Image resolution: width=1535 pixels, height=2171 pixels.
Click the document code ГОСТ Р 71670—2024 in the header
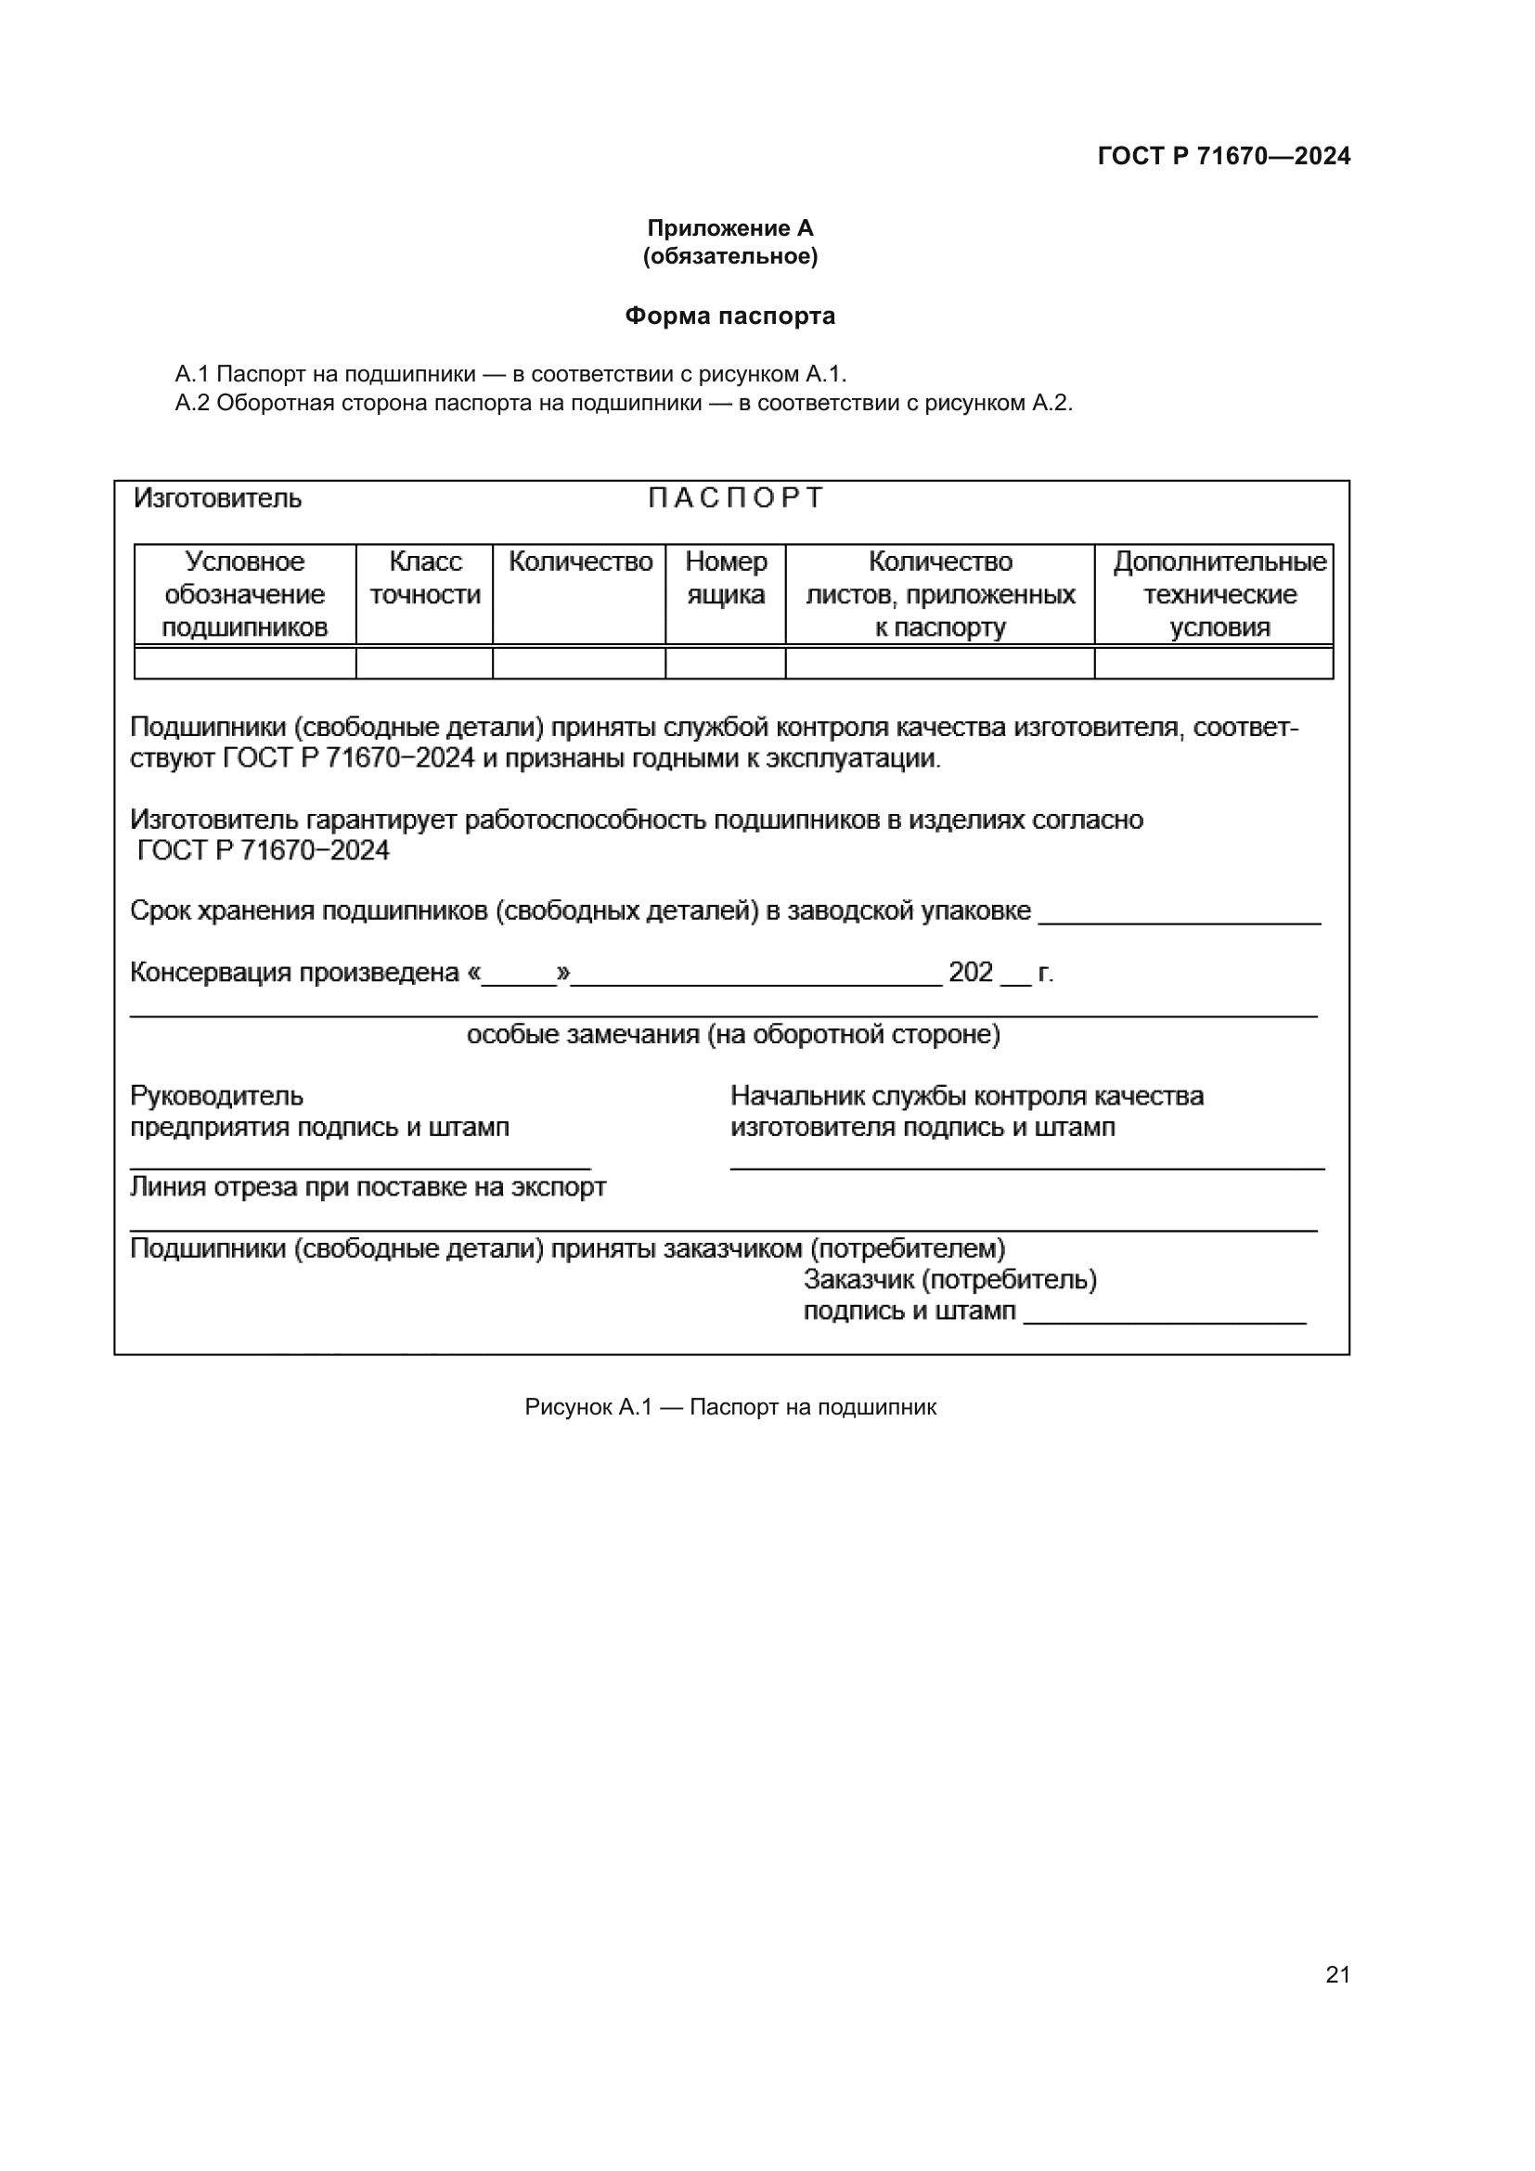1223,156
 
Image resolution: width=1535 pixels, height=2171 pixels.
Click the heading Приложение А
729,228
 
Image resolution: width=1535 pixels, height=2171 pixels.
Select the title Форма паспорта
729,316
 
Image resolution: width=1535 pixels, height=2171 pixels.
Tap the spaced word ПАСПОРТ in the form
735,498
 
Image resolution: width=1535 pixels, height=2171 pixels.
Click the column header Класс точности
424,577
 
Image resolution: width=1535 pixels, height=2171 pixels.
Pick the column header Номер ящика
725,577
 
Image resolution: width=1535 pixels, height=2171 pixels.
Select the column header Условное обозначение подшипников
245,594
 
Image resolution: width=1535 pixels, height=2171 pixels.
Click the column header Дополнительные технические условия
1219,594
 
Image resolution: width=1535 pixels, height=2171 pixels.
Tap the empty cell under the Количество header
578,664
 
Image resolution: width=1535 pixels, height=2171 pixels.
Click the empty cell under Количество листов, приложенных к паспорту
939,664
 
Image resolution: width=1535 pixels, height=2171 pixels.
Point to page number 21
1337,1974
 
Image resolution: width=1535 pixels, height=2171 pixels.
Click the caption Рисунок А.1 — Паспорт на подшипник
729,1407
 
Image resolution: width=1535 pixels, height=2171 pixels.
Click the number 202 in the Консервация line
970,972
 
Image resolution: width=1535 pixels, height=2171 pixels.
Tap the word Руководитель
216,1096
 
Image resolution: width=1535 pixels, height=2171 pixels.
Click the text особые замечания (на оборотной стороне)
733,1034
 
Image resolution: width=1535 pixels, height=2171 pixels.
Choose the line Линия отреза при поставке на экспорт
368,1187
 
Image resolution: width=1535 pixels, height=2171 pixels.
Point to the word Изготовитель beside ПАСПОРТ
217,498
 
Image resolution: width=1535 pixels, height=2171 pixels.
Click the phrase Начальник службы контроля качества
967,1096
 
